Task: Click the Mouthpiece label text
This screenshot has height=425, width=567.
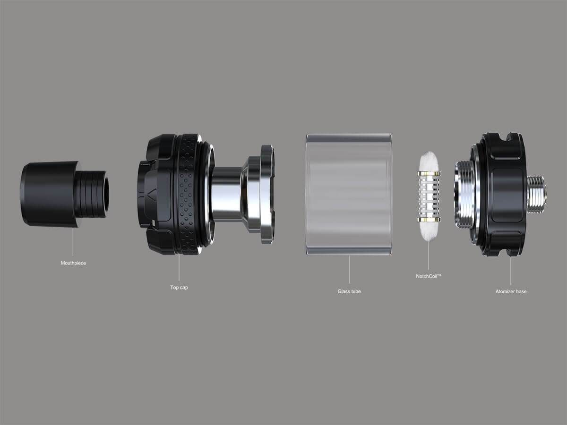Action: tap(73, 263)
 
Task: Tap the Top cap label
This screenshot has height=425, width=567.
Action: tap(179, 287)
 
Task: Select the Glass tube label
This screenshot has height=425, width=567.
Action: tap(349, 291)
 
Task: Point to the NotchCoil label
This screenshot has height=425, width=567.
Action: tap(429, 276)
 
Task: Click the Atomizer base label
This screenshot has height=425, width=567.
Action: tap(511, 291)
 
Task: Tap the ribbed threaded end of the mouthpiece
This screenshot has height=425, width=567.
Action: tap(94, 194)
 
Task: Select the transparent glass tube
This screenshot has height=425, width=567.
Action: tap(349, 194)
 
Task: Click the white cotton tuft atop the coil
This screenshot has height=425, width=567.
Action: tap(429, 161)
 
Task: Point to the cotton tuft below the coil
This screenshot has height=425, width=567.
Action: tap(429, 231)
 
